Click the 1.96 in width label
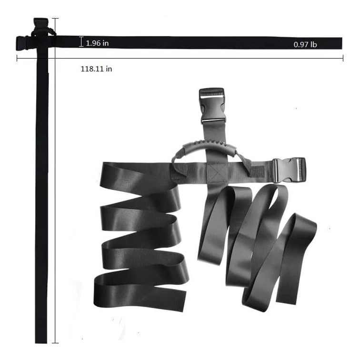tap(97, 43)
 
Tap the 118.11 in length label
tap(96, 69)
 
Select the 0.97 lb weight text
tap(305, 44)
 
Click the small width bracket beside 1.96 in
tap(81, 42)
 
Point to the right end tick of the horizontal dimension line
tap(343, 58)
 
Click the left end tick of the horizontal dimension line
tap(17, 58)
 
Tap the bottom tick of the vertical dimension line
tap(55, 343)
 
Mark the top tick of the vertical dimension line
tap(55, 18)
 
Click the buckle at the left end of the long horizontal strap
tap(23, 43)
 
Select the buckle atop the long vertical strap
tap(41, 23)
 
